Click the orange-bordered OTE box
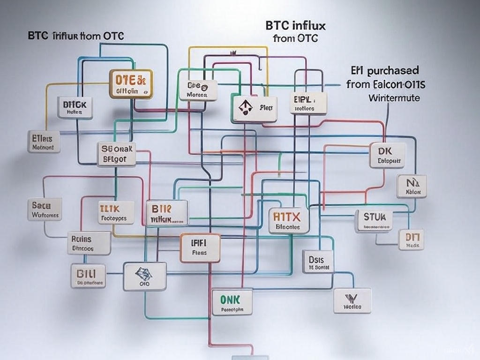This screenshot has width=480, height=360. (x=131, y=84)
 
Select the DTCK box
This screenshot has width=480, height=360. (x=75, y=107)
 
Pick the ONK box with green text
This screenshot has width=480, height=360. (x=232, y=301)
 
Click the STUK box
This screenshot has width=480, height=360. (x=374, y=221)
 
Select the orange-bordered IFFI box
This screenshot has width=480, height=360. (x=200, y=247)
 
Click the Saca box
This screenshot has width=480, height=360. (x=45, y=209)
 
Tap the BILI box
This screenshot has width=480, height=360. (x=88, y=276)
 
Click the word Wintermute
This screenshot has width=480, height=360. (x=394, y=98)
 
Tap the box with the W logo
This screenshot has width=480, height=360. (x=352, y=300)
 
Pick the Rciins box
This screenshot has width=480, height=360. (x=89, y=242)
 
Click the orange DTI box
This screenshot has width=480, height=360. (x=412, y=239)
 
